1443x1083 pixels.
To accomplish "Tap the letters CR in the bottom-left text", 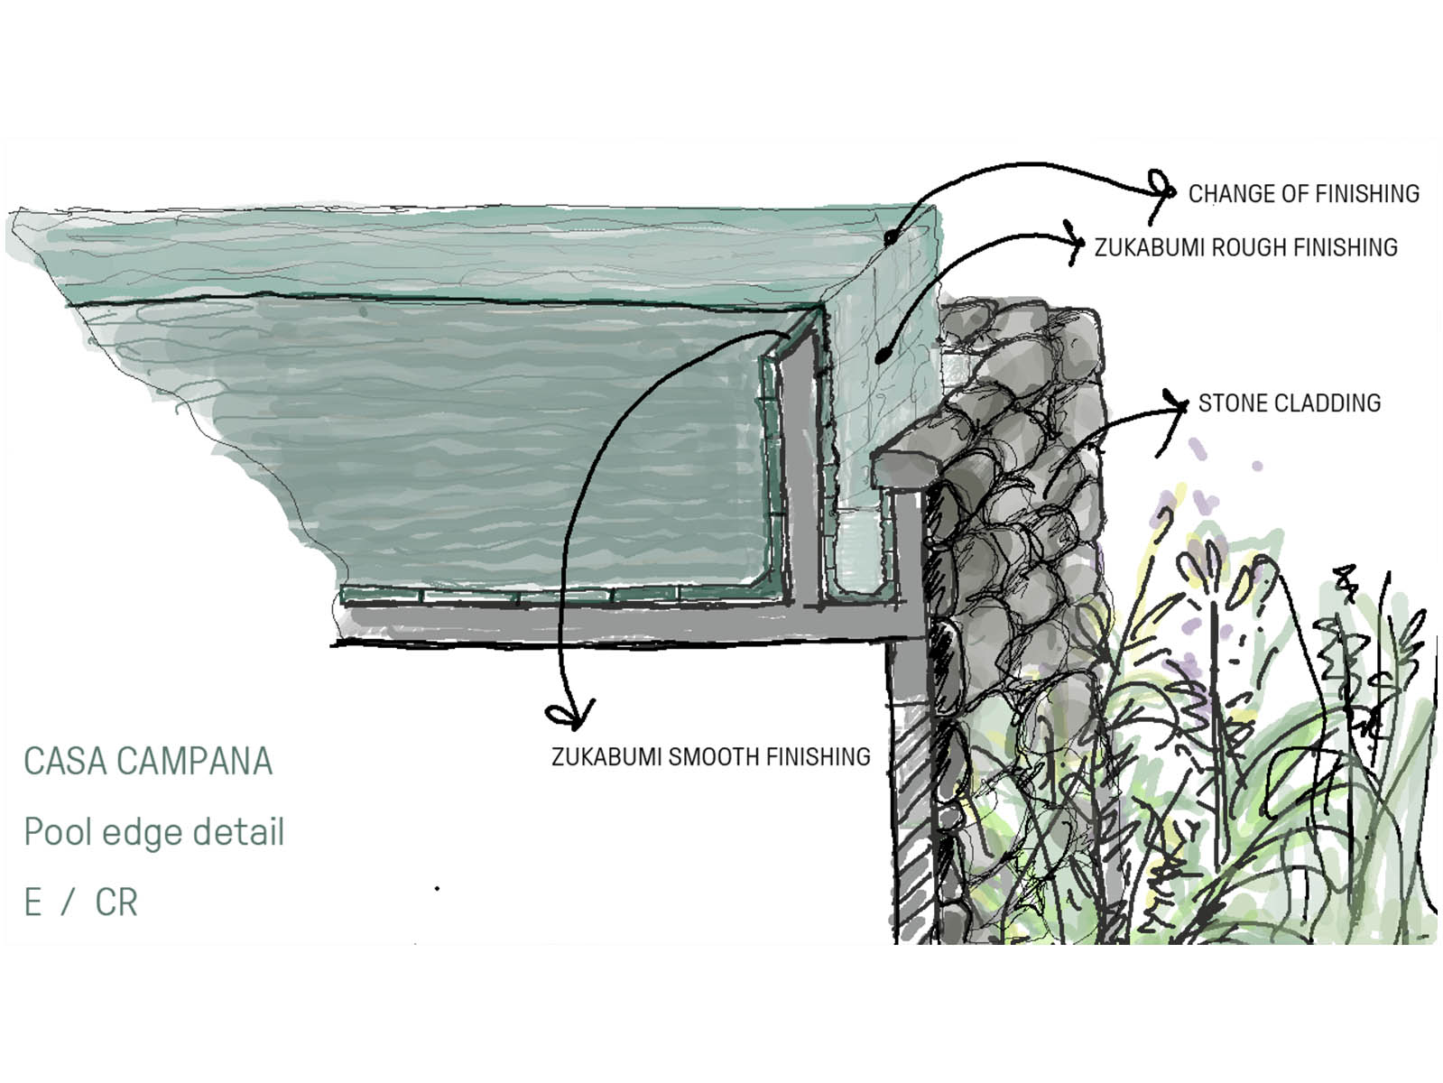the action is click(x=116, y=902).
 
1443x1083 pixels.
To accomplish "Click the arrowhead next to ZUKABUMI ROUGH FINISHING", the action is click(x=1075, y=243).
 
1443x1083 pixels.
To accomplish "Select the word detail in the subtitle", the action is click(x=238, y=831).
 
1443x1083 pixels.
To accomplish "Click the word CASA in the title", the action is click(x=67, y=761).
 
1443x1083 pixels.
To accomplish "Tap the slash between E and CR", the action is click(x=67, y=902).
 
